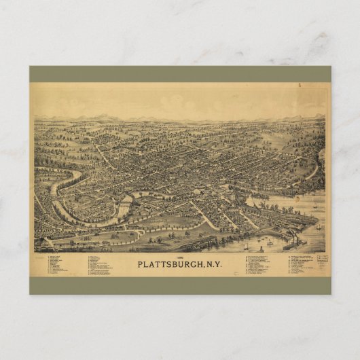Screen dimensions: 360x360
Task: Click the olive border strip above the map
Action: [x=180, y=74]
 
